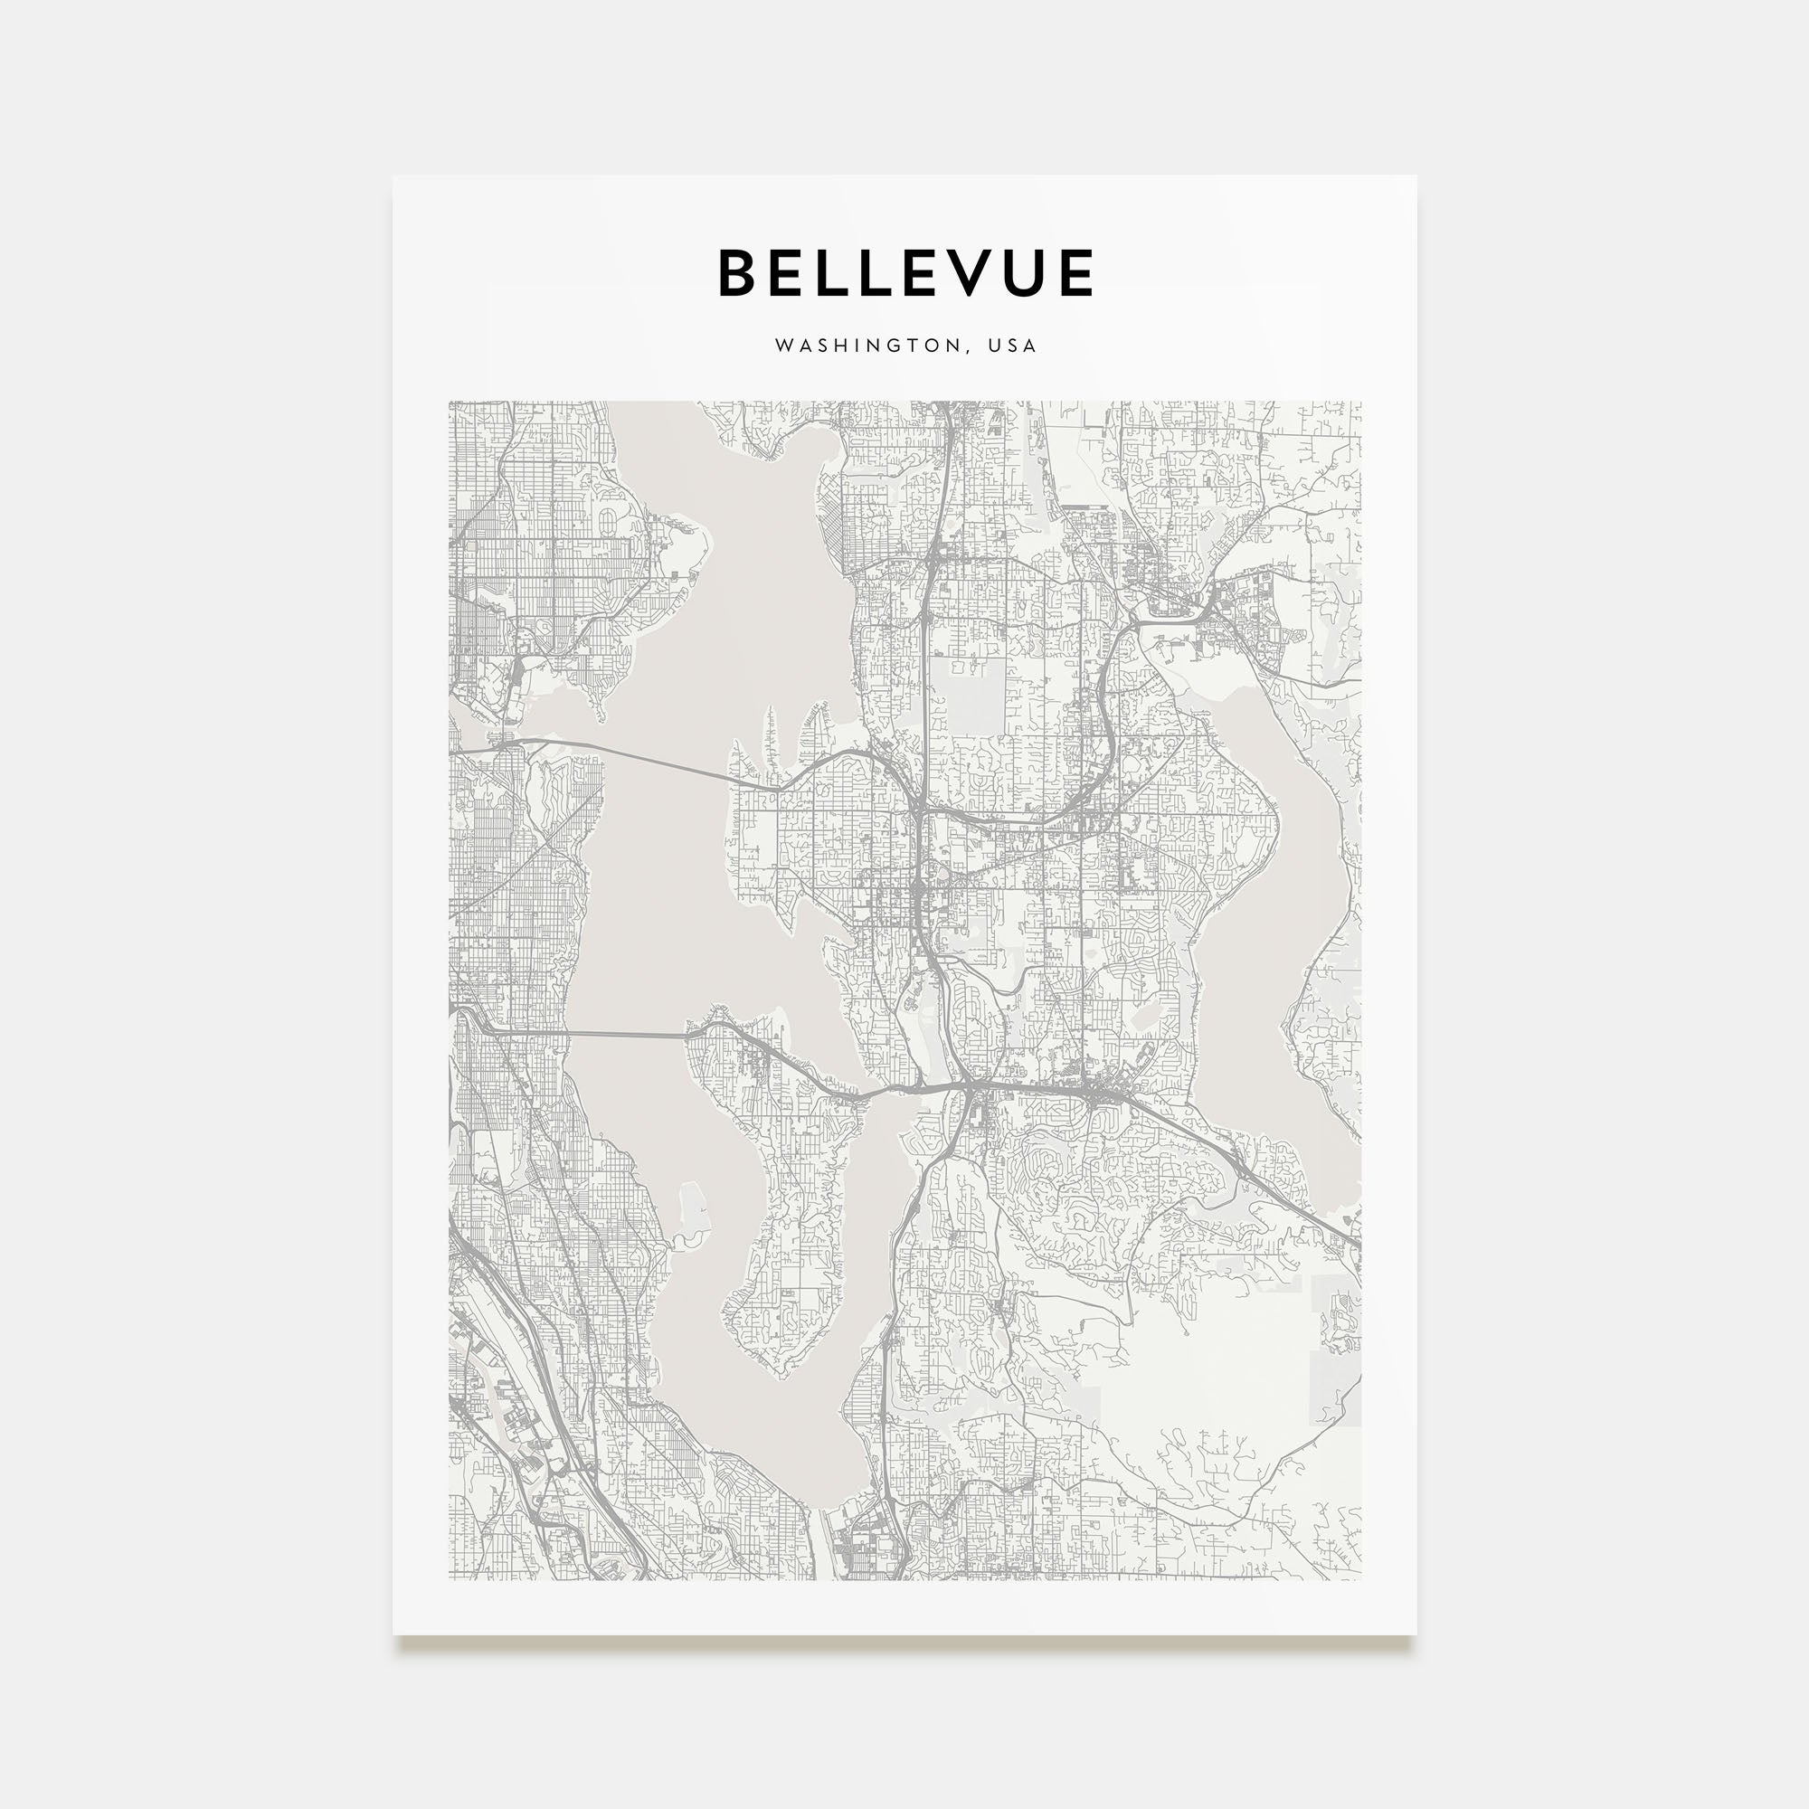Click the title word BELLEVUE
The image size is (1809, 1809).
(x=905, y=272)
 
